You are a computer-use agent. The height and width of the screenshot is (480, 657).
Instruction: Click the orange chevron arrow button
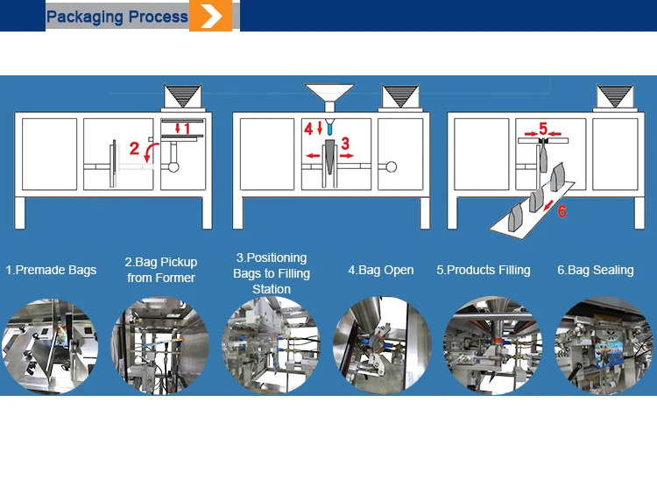(210, 16)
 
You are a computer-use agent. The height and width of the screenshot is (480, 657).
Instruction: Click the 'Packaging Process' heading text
(117, 17)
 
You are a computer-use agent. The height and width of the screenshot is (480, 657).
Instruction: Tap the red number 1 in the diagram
(187, 129)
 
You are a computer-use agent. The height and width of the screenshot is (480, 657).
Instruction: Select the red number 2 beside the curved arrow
(134, 148)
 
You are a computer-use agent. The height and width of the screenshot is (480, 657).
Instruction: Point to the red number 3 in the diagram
(345, 144)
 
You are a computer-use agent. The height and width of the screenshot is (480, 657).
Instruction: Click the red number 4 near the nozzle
(308, 129)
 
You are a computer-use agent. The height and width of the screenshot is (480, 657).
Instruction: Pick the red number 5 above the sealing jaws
(543, 128)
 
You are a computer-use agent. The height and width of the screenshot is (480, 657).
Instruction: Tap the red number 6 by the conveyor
(562, 211)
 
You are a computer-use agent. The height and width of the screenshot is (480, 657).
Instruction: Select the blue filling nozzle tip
(329, 127)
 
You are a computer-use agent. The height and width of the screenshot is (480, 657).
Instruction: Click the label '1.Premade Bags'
(51, 270)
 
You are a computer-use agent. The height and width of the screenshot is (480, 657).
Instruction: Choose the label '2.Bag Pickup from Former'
(161, 270)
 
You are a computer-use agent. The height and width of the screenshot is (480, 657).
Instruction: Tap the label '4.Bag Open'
(381, 270)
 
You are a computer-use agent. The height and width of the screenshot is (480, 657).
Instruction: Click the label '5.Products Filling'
(484, 270)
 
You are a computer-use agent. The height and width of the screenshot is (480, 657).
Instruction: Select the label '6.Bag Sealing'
(596, 270)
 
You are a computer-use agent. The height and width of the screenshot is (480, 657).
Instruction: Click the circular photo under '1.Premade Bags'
(50, 346)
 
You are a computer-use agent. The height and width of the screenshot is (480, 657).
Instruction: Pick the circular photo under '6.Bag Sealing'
(604, 346)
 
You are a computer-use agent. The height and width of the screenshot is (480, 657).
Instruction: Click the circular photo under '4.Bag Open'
(382, 345)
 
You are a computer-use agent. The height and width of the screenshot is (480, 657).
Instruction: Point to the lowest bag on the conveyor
(514, 217)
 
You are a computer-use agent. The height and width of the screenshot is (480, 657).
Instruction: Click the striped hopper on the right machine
(615, 96)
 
